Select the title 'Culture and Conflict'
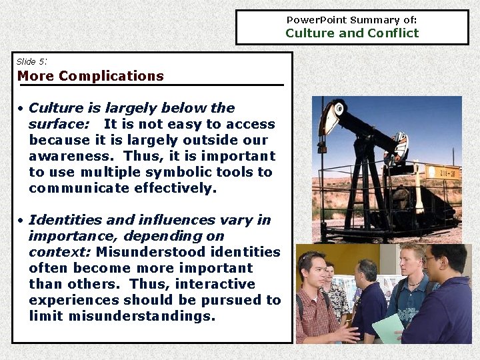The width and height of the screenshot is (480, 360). (352, 33)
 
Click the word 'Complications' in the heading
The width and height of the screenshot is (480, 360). (111, 76)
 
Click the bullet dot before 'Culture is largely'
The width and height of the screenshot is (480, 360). (22, 109)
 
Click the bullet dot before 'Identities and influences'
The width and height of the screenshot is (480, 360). (22, 221)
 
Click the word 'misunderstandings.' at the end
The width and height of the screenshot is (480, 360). (122, 316)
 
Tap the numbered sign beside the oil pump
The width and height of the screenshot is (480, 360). (442, 172)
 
